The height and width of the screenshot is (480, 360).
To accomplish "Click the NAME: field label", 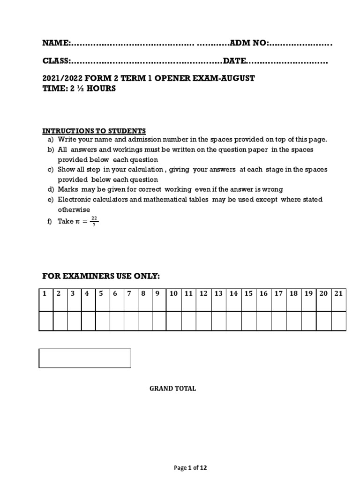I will click(x=57, y=43).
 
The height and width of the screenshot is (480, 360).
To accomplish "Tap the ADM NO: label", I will click(x=248, y=43).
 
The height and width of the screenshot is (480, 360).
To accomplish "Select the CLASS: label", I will click(x=57, y=61).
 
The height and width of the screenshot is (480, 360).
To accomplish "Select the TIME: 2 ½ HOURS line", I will click(x=79, y=89).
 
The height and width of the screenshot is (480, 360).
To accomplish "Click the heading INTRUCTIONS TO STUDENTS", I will click(x=94, y=131).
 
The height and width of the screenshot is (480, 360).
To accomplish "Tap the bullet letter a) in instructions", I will click(x=50, y=140).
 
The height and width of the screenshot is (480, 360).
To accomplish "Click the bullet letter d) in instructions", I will click(x=50, y=189).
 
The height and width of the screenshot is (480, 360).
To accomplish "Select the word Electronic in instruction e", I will click(x=75, y=200).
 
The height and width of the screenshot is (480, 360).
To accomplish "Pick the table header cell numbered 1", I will click(x=45, y=293).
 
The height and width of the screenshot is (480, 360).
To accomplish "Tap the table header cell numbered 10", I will click(x=173, y=293).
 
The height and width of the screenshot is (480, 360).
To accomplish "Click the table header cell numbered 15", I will click(x=248, y=293).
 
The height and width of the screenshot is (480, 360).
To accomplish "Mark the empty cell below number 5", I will click(x=102, y=321).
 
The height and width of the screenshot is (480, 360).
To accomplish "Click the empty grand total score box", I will click(x=84, y=358).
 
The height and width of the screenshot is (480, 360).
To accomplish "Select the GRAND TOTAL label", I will click(x=172, y=389).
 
